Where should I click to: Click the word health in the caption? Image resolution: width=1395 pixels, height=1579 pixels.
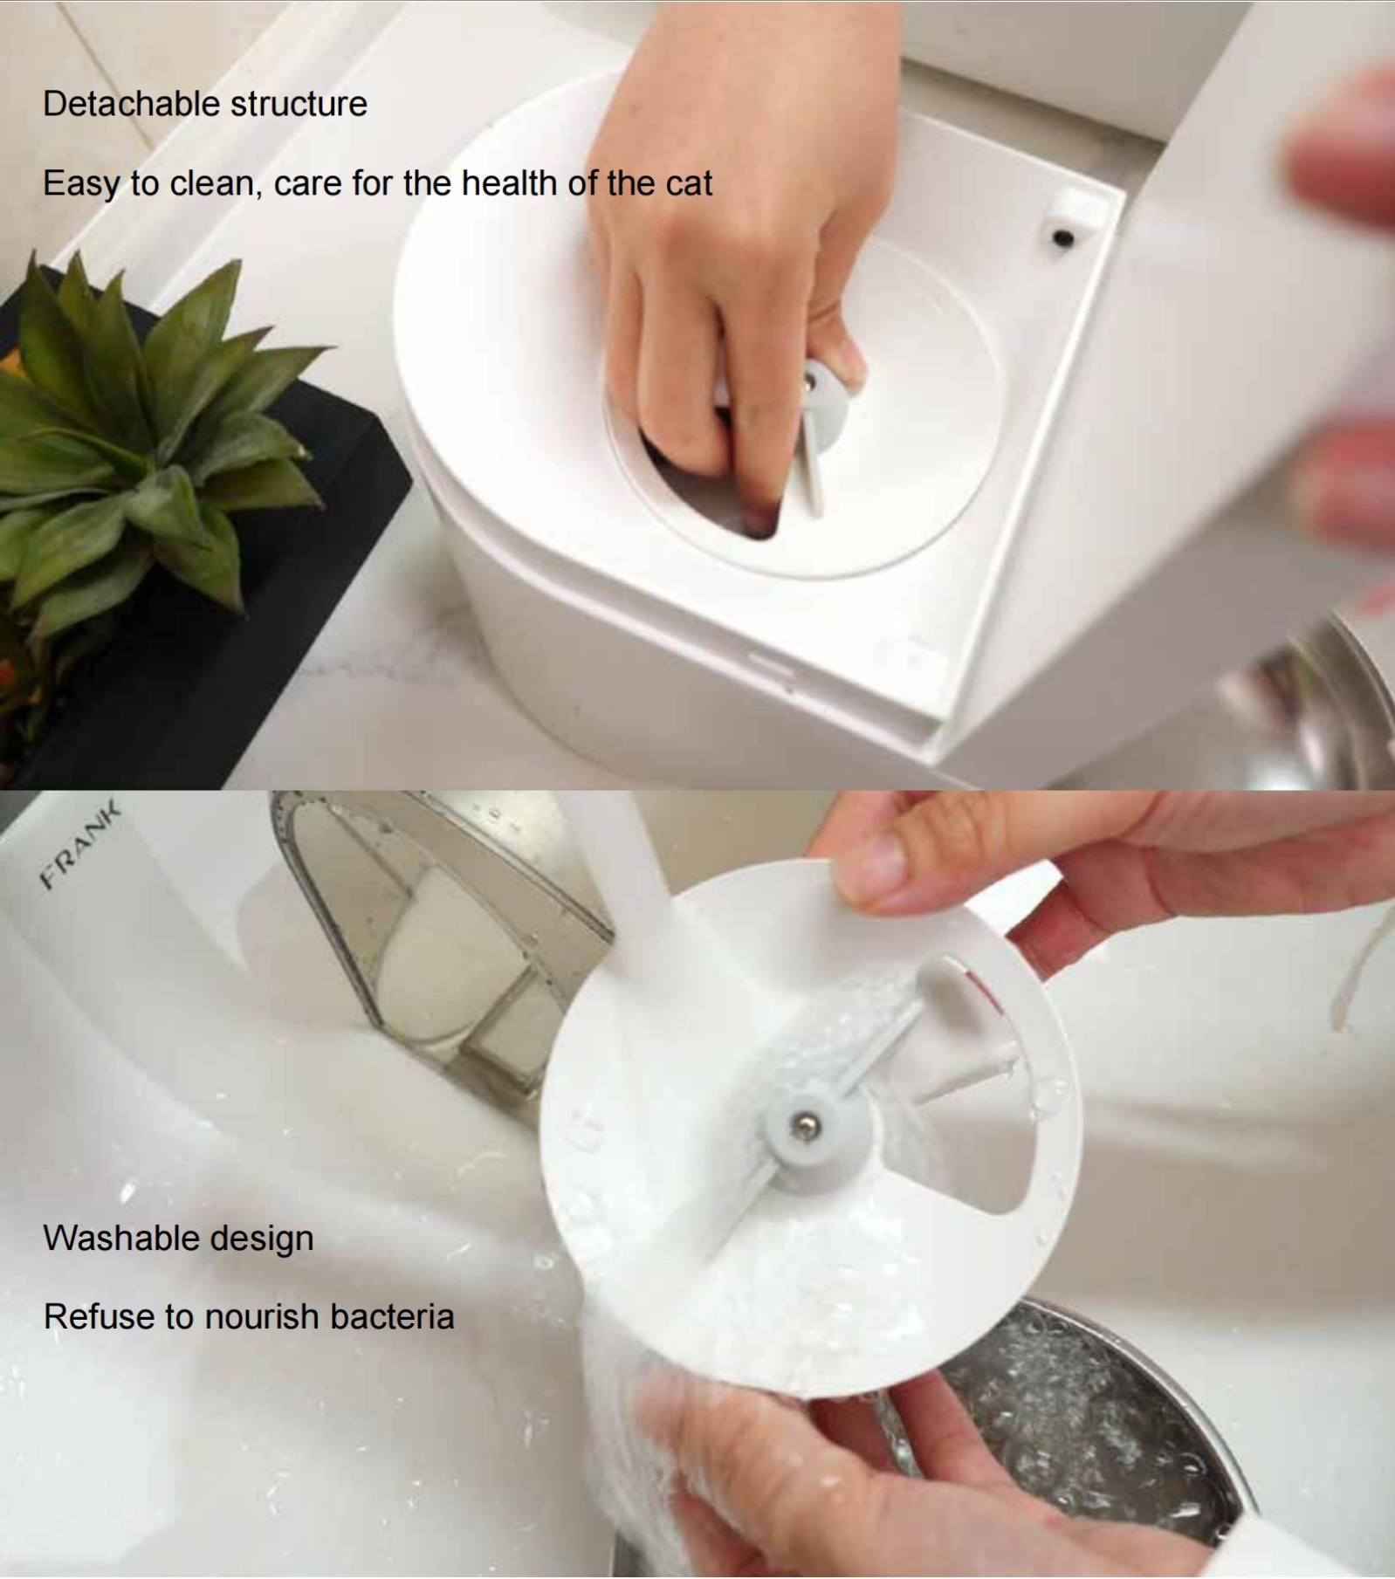coord(510,183)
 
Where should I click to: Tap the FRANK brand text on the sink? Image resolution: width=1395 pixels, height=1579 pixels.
coord(79,846)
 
